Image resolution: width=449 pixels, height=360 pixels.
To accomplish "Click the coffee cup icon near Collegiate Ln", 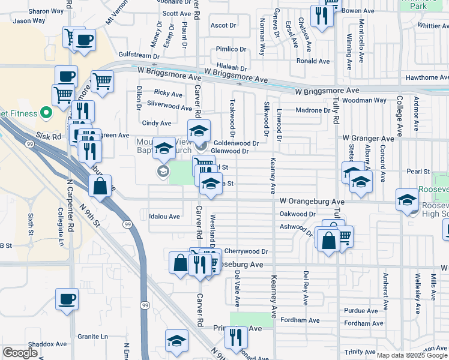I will [67, 298].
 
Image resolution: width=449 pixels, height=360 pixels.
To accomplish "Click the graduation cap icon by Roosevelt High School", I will [407, 200].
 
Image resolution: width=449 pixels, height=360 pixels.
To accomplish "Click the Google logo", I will [20, 353].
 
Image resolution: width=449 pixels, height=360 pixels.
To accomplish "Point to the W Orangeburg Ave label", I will [312, 202].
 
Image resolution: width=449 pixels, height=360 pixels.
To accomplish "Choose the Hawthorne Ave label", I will [426, 77].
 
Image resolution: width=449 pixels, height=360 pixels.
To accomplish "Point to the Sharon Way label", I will [46, 11].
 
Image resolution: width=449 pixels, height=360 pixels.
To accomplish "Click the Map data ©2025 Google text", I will [411, 355].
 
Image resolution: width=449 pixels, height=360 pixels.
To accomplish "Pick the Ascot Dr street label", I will [223, 26].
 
